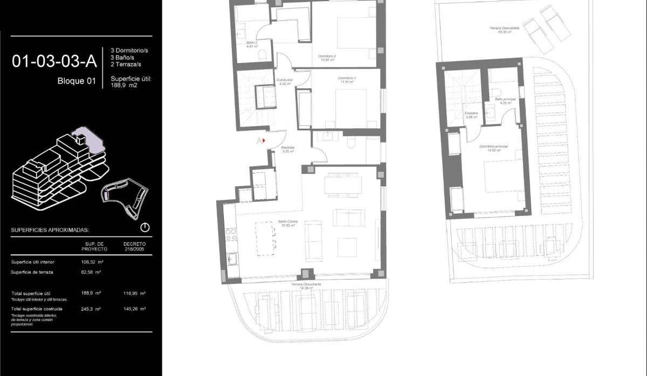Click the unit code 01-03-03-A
pyautogui.click(x=54, y=61)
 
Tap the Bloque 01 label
pyautogui.click(x=76, y=82)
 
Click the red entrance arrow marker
pyautogui.click(x=264, y=141)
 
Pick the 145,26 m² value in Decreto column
pyautogui.click(x=134, y=309)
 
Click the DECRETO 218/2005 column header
pyautogui.click(x=134, y=246)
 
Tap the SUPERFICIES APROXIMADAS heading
pyautogui.click(x=50, y=230)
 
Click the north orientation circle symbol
pyautogui.click(x=145, y=227)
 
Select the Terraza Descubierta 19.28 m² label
pyautogui.click(x=306, y=286)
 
